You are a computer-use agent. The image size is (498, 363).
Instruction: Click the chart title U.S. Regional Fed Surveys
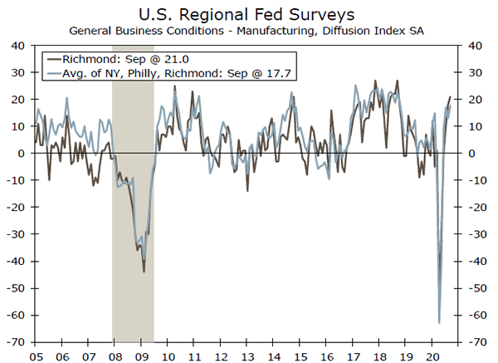pyautogui.click(x=249, y=13)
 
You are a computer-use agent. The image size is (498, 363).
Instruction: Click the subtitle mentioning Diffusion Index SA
pyautogui.click(x=249, y=30)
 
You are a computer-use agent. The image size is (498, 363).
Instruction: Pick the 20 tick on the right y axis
pyautogui.click(x=477, y=100)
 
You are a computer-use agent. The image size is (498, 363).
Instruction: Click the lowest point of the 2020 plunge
pyautogui.click(x=438, y=322)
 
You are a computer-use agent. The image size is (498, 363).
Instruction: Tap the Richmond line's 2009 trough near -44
pyautogui.click(x=144, y=272)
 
